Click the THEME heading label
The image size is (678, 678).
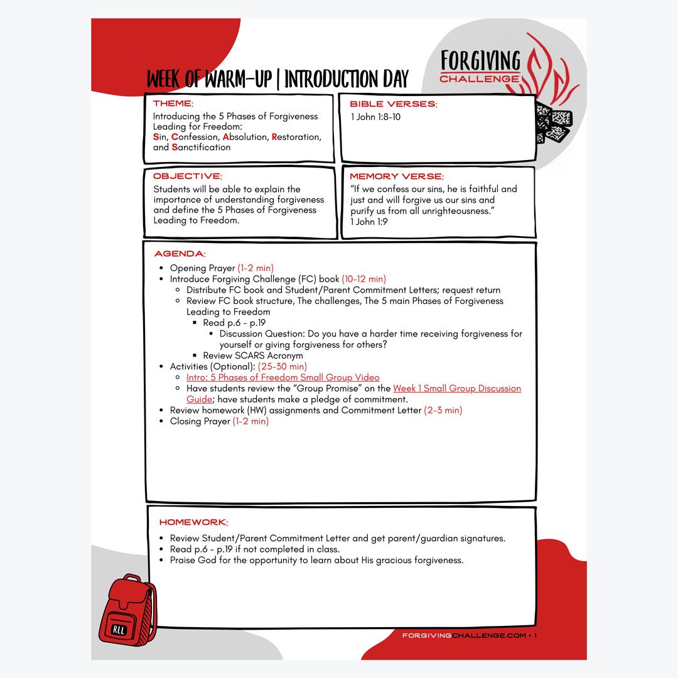173,104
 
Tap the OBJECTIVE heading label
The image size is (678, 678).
187,176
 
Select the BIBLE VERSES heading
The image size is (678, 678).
393,104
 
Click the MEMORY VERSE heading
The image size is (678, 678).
396,176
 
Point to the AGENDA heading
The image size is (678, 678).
180,254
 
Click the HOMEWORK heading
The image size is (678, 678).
193,522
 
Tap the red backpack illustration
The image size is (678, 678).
127,608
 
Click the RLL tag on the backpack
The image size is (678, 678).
119,629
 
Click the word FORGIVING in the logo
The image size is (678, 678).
480,61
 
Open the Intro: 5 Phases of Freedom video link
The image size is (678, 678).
282,377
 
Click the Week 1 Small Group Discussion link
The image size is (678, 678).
457,389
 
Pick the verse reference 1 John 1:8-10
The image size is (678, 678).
375,117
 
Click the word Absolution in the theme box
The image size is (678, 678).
245,137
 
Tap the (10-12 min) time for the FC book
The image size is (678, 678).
363,279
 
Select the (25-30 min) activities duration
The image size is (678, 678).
282,366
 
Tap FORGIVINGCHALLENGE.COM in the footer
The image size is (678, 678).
464,635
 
